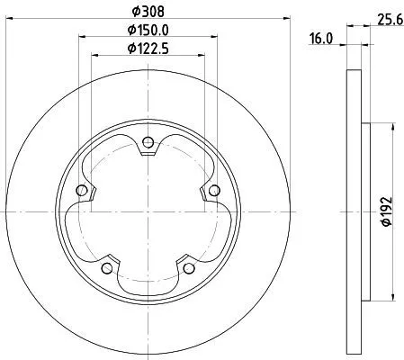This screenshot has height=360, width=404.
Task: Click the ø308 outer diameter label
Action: click(x=148, y=13)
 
